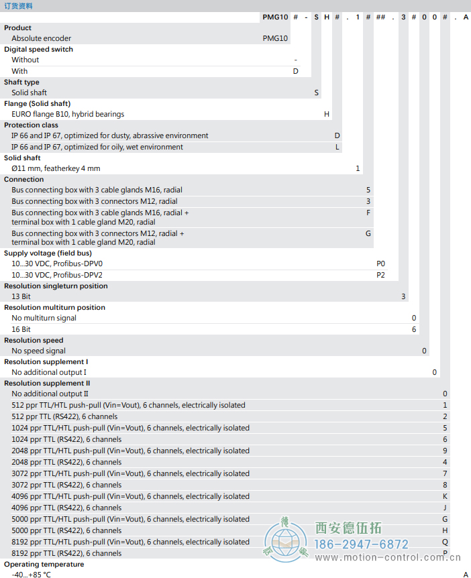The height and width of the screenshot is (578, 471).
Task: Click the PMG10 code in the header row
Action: tap(275, 17)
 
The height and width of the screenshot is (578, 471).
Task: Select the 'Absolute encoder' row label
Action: tap(41, 38)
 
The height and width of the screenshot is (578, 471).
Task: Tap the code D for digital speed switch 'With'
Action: tap(295, 71)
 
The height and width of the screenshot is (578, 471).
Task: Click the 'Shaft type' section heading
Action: tap(21, 82)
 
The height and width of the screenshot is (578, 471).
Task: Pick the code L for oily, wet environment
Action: tap(337, 147)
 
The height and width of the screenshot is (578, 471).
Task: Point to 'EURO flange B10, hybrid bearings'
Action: tap(68, 114)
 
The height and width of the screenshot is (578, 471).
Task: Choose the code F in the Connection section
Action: tap(368, 213)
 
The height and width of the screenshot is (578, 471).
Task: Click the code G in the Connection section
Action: tap(368, 233)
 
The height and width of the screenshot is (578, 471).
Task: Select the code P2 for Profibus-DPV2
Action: tap(380, 275)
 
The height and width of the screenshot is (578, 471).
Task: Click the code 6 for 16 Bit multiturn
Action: tap(414, 329)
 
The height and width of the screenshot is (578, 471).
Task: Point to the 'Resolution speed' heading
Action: tap(34, 340)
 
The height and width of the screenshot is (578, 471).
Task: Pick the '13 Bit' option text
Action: tap(21, 296)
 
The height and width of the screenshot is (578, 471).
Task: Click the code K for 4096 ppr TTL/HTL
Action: tap(445, 496)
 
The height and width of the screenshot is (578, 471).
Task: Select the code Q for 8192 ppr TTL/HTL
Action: tap(445, 542)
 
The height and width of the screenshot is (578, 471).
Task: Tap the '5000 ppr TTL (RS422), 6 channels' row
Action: tap(66, 530)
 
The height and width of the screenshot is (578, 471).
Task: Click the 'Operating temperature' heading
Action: tap(44, 564)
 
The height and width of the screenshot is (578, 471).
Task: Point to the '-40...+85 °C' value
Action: tap(31, 575)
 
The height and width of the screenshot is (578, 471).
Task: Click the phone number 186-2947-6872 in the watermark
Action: tap(362, 544)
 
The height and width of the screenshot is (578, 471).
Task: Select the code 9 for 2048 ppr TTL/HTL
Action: tap(445, 451)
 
